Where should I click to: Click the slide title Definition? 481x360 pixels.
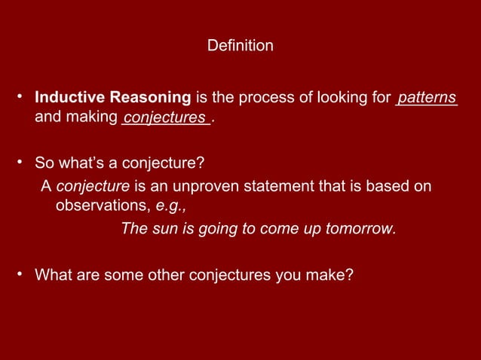(x=240, y=47)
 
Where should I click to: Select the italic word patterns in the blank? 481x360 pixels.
(x=427, y=98)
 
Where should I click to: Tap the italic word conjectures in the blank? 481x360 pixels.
(x=165, y=117)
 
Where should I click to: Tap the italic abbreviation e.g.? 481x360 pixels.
(x=170, y=205)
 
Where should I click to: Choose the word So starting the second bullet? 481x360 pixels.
(x=44, y=163)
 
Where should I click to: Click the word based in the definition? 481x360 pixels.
(x=391, y=185)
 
